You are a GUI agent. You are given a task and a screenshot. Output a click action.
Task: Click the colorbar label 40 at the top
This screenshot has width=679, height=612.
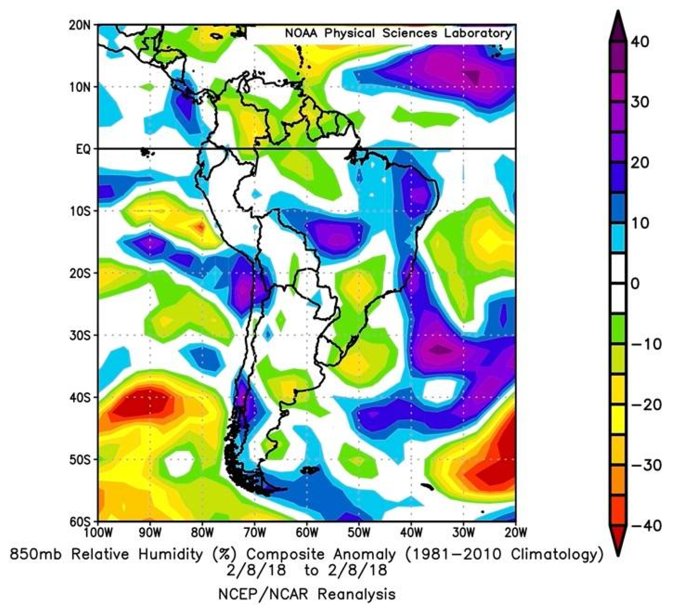click(640, 42)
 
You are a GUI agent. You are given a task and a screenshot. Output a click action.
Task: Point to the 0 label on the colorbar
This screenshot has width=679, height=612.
click(635, 284)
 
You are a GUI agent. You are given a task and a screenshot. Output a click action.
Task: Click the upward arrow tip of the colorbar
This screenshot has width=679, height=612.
click(618, 15)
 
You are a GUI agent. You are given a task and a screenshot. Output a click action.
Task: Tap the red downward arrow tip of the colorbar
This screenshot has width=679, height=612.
click(618, 551)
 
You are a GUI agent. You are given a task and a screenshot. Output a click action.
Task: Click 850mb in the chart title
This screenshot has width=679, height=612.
click(35, 554)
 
